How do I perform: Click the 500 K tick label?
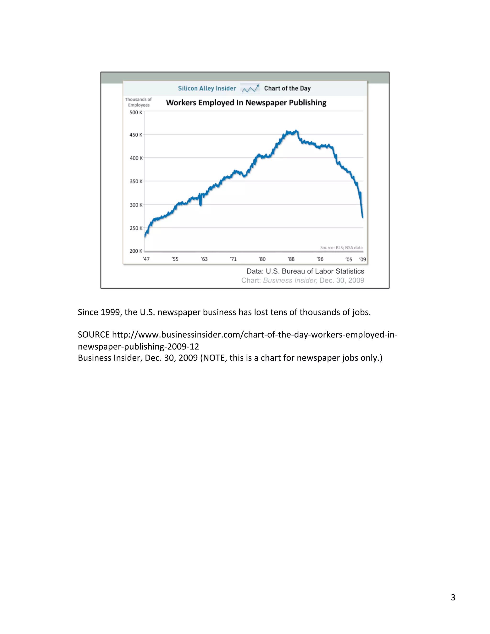136,112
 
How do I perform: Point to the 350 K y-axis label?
136,181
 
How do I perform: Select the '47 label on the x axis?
146,259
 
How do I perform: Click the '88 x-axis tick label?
291,259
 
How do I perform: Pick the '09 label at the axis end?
362,259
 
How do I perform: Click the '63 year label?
204,259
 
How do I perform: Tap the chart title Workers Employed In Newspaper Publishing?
246,103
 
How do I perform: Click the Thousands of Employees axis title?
139,102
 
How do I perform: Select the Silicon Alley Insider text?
207,88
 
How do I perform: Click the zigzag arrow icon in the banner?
250,89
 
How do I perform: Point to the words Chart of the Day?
287,88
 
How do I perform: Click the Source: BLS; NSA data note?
341,248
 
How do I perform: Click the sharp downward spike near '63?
200,204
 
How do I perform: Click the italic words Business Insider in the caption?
290,280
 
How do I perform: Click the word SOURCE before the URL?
94,335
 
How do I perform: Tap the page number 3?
453,597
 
